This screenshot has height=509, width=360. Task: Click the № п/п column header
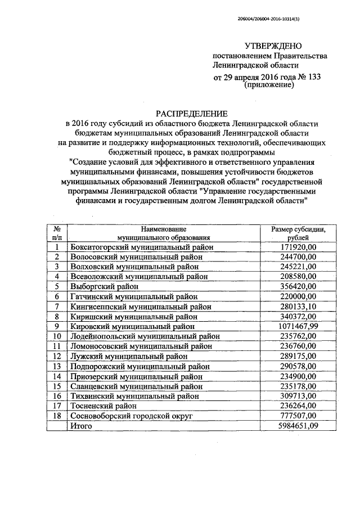57,233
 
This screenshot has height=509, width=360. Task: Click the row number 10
57,336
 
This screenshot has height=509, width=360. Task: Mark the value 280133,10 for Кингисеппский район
298,306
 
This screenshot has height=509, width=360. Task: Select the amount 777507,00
298,415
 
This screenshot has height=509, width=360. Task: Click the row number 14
57,376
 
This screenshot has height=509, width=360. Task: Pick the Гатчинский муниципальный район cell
126,296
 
